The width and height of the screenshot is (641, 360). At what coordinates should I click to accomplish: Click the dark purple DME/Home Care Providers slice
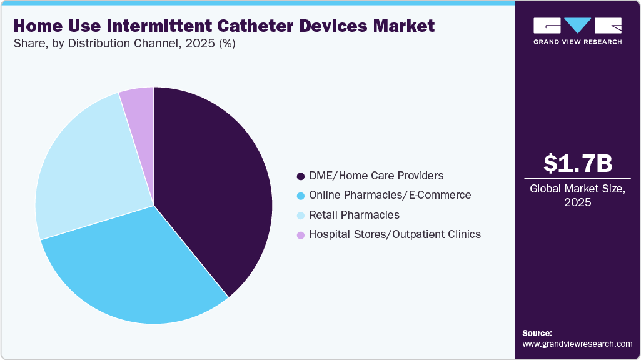213,187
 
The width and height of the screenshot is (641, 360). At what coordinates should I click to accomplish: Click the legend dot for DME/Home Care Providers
301,176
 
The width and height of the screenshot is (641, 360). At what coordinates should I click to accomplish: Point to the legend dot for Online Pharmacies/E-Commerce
301,196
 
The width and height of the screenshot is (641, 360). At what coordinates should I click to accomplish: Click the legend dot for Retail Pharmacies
301,215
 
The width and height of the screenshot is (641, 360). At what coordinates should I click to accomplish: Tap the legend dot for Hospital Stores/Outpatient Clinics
301,235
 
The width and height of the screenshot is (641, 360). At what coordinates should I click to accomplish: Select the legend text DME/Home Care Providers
376,176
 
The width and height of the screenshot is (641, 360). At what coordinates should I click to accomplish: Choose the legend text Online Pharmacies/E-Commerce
390,196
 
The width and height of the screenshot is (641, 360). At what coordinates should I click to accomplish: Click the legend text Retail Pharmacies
354,215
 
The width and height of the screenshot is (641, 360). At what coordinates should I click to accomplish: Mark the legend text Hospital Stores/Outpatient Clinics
395,235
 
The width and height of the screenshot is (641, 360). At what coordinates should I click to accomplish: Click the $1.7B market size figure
577,163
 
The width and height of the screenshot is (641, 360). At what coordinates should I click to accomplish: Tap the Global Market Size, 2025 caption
577,196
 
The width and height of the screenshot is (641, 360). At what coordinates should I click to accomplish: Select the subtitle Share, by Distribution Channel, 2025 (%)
124,44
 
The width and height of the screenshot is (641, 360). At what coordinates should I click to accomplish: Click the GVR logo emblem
577,26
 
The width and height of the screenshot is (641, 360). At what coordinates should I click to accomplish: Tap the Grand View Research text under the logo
577,42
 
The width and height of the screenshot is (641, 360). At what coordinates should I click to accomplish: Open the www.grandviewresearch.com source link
577,344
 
